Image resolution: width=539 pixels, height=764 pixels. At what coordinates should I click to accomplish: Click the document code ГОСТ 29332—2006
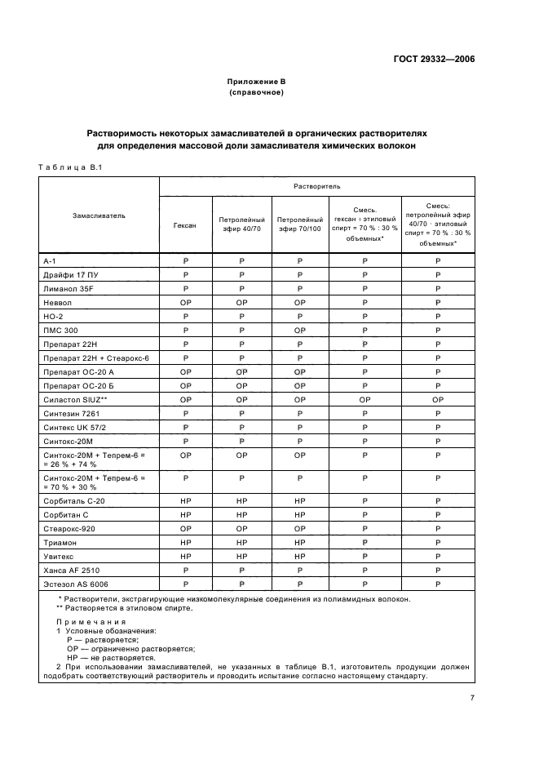point(431,59)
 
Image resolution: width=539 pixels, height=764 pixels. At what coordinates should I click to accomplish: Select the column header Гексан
point(185,224)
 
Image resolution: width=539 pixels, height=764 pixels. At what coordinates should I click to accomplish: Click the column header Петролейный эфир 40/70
point(241,224)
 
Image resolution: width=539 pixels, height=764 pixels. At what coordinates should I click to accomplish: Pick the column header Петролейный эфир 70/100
point(299,224)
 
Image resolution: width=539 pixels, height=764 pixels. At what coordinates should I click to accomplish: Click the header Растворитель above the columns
point(316,187)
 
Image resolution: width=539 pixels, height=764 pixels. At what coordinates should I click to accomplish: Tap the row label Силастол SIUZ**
point(76,400)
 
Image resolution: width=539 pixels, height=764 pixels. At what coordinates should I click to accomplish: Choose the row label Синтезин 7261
point(73,414)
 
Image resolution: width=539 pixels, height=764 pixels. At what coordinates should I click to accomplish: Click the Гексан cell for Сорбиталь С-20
point(185,500)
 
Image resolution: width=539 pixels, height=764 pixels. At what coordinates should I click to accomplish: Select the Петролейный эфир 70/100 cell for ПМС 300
point(299,331)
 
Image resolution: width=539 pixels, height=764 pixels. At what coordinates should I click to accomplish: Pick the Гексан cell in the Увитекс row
point(185,556)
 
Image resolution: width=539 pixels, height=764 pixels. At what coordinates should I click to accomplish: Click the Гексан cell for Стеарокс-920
point(185,528)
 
